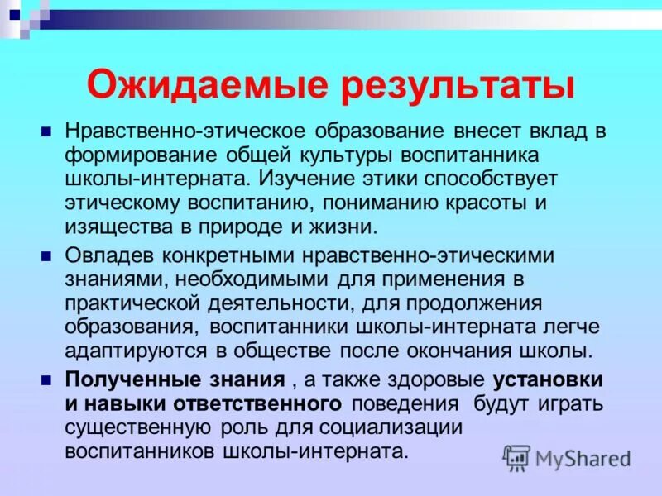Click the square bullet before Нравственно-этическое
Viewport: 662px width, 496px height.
tap(47, 131)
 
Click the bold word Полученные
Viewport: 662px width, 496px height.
tap(122, 380)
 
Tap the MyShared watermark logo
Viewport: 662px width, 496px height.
tap(568, 457)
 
